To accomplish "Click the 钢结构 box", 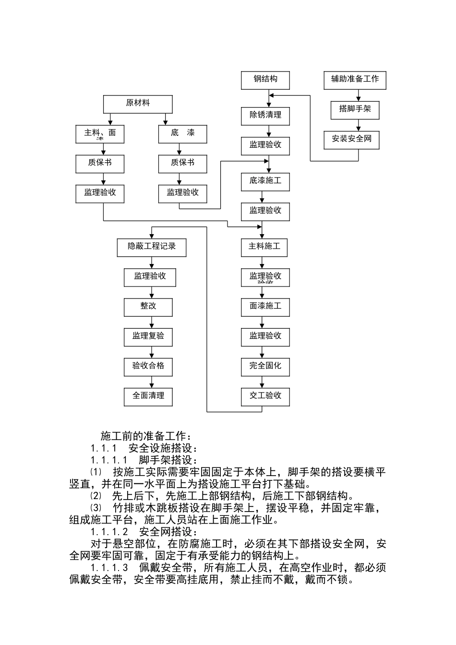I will (265, 80).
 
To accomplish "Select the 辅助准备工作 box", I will (355, 80).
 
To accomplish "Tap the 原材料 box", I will (138, 104).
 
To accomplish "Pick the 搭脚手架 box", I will (355, 109).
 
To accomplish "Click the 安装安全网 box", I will (355, 140).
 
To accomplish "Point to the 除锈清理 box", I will (265, 116).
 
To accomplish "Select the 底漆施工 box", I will (265, 181).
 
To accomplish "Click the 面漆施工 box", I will (265, 307).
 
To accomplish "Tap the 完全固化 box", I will (265, 366).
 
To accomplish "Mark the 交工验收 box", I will (265, 396).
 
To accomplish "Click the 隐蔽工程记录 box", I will (152, 247).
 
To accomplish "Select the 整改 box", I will (148, 307).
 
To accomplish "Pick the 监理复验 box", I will (148, 336).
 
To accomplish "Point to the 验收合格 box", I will (148, 366).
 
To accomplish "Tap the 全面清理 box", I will (148, 396).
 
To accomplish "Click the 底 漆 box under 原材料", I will (182, 133).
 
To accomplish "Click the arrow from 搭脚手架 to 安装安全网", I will (358, 125).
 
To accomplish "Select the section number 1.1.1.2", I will (109, 532).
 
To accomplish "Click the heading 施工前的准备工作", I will (146, 436).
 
